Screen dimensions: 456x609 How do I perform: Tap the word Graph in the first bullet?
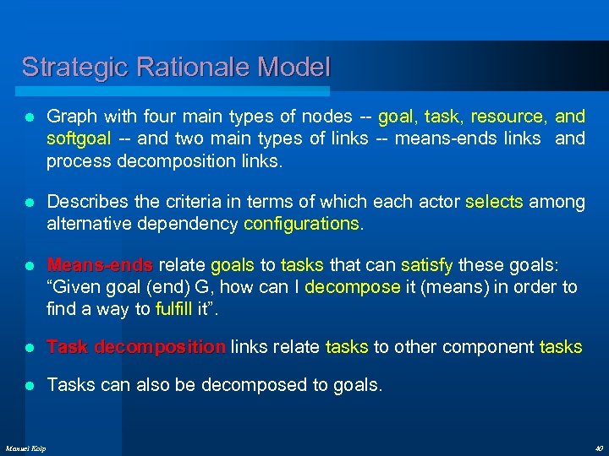coord(70,116)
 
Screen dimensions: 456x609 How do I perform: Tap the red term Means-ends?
coord(100,266)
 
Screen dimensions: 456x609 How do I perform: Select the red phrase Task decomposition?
coord(135,347)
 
